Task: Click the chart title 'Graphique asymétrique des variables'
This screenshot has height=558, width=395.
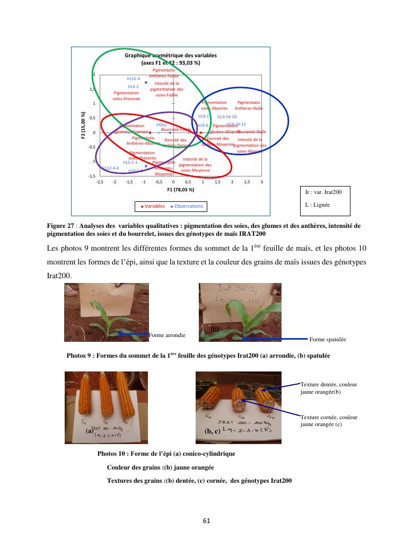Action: pos(171,56)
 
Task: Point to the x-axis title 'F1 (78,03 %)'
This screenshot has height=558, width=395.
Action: pos(181,189)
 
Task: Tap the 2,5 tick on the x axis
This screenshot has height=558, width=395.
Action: pos(247,181)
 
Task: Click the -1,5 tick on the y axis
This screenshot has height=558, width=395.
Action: pos(92,175)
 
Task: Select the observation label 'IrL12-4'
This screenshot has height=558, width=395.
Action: pos(133,78)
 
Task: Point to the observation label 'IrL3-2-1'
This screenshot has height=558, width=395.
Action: pos(130,162)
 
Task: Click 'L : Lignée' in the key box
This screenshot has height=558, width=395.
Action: pos(317,204)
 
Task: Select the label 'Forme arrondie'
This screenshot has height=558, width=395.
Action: pos(168,335)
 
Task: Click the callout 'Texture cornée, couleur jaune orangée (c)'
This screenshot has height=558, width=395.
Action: pos(321,421)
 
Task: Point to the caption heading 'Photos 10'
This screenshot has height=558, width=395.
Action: pos(113,454)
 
